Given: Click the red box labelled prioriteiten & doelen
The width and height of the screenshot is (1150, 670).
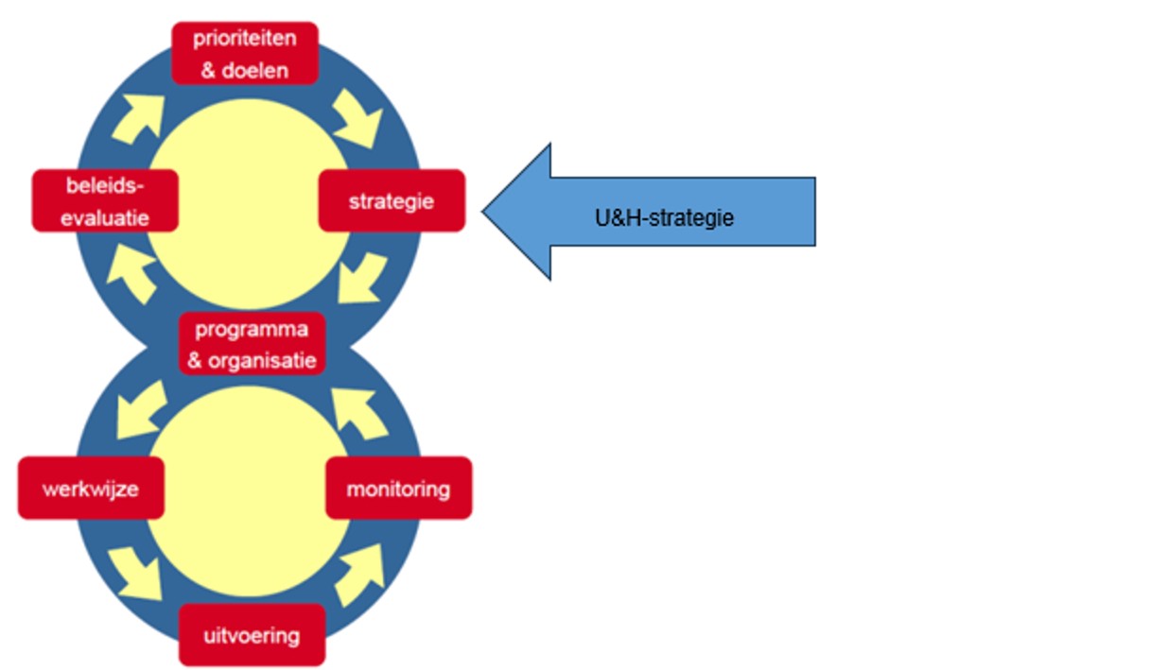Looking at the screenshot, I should click(x=245, y=53).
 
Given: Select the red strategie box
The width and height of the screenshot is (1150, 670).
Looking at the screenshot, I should click(x=392, y=200).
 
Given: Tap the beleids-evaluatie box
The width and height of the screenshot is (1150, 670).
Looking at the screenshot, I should click(x=104, y=200).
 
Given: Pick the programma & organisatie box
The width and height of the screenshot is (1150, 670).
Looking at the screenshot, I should click(x=252, y=344).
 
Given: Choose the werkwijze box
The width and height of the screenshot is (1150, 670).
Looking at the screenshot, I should click(x=91, y=489).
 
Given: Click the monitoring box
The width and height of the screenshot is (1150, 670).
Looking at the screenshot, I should click(x=398, y=489).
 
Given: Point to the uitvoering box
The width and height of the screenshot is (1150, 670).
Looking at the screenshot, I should click(x=252, y=634).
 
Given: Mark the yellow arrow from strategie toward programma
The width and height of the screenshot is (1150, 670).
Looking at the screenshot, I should click(x=361, y=279).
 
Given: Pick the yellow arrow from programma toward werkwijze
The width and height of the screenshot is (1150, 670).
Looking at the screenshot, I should click(x=139, y=413).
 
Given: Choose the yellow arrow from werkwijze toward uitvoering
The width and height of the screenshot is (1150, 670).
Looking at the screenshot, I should click(x=137, y=569).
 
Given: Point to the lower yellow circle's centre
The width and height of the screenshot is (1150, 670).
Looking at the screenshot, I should click(x=248, y=490).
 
